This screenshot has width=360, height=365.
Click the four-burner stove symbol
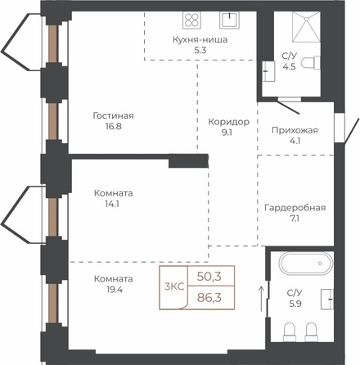(191, 20)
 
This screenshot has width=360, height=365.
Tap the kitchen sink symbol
(229, 20)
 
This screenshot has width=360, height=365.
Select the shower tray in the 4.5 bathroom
(306, 27)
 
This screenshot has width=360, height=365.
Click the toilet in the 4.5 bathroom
(313, 63)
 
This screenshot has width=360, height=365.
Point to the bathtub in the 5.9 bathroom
(306, 264)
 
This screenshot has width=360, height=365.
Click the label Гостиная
(114, 115)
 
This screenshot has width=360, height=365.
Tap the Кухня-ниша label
(200, 39)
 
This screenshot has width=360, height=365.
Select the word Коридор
(228, 122)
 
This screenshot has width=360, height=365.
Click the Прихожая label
(295, 130)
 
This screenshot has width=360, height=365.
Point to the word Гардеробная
(295, 208)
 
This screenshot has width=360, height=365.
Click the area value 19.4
(115, 290)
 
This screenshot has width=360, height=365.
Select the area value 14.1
(112, 204)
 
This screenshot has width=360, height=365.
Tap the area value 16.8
(112, 126)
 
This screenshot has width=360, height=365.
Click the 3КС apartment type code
(174, 287)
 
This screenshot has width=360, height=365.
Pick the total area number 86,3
(209, 298)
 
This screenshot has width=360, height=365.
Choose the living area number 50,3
(209, 277)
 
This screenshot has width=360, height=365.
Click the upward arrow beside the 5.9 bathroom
(261, 299)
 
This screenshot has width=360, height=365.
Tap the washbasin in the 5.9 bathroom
(327, 299)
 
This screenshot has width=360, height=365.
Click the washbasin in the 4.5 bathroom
(268, 71)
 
